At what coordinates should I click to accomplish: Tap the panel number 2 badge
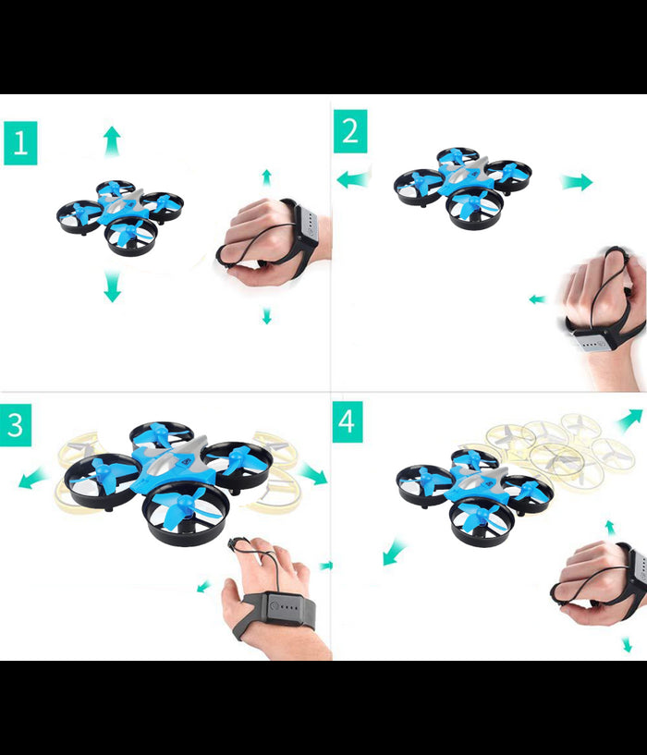click(350, 131)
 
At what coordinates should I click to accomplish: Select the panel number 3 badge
click(15, 425)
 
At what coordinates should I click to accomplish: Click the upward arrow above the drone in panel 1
click(112, 141)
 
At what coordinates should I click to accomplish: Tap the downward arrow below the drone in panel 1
click(112, 286)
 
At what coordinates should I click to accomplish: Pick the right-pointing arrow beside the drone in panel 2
click(577, 182)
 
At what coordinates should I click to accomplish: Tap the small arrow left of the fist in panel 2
click(537, 299)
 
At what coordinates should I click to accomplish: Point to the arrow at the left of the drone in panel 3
click(34, 479)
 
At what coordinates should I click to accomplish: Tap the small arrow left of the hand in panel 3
click(204, 586)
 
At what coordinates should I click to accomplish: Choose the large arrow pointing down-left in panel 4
click(394, 553)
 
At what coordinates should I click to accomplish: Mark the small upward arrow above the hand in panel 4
click(609, 527)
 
